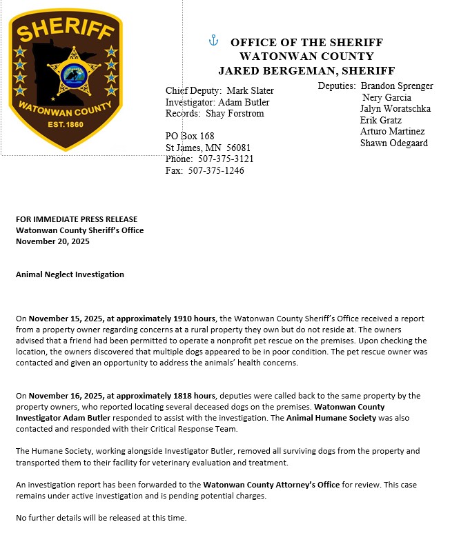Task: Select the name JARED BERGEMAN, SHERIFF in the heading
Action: coord(306,70)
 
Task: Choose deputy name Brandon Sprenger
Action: coord(397,86)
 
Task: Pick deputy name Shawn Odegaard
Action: coord(393,143)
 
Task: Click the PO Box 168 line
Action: coord(190,137)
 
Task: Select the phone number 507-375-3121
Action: coord(221,159)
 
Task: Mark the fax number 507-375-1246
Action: coord(215,171)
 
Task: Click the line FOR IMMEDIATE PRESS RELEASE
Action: coord(77,219)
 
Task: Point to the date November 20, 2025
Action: coord(52,241)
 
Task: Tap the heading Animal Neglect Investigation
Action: coord(70,274)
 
